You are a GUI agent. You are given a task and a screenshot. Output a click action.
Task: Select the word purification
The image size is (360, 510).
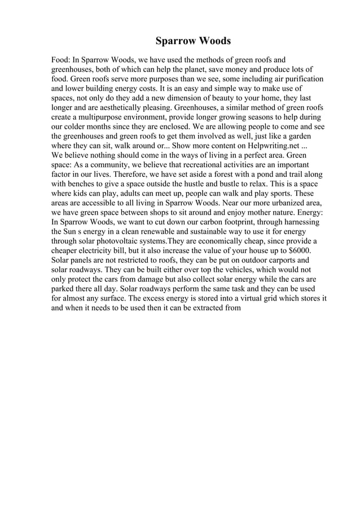point(301,79)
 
